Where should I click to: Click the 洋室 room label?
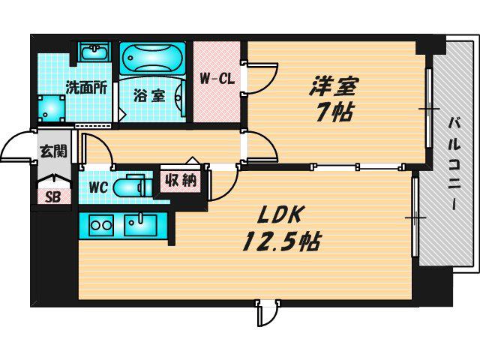[334, 87]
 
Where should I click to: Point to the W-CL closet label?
[217, 79]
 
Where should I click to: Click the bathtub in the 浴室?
[152, 58]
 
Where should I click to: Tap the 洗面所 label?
[87, 88]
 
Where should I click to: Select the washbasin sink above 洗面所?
[95, 51]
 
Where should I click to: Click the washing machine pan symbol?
[51, 108]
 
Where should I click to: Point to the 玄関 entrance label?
[54, 151]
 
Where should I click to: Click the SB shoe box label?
[53, 197]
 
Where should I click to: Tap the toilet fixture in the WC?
[133, 186]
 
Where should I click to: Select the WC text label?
[98, 187]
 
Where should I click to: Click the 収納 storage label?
[181, 180]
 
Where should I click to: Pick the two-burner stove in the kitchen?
[100, 225]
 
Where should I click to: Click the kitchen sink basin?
[140, 225]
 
